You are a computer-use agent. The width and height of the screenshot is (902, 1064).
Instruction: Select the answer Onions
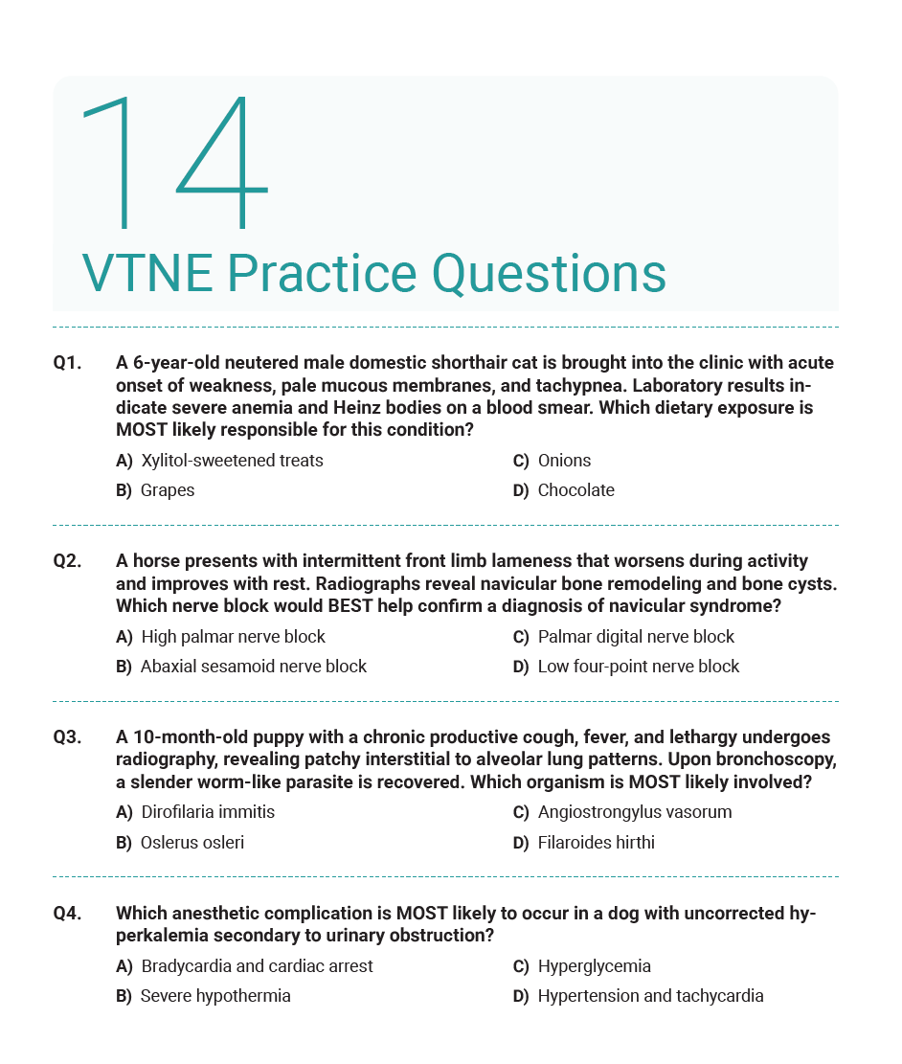564,461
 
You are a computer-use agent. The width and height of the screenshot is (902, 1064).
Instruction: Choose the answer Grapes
167,490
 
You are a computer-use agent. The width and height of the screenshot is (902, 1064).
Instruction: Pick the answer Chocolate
575,490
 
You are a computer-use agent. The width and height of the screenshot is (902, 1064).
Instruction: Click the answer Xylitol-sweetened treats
231,461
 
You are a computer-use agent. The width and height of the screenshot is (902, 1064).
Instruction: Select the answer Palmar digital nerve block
636,637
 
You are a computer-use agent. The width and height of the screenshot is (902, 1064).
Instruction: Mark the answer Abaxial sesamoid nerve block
253,667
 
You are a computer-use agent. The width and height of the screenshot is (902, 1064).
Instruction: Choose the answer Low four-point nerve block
638,667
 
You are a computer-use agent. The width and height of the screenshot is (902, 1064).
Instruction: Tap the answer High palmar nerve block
233,637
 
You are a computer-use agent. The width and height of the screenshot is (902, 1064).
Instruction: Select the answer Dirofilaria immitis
207,812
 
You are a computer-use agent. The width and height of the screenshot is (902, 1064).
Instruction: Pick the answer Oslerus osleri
192,843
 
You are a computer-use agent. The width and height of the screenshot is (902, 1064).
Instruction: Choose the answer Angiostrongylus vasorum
634,812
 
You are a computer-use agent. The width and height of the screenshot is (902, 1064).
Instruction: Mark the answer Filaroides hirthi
596,843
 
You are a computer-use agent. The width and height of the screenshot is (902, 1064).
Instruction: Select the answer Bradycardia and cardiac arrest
257,966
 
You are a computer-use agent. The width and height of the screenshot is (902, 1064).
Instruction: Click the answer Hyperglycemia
594,966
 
